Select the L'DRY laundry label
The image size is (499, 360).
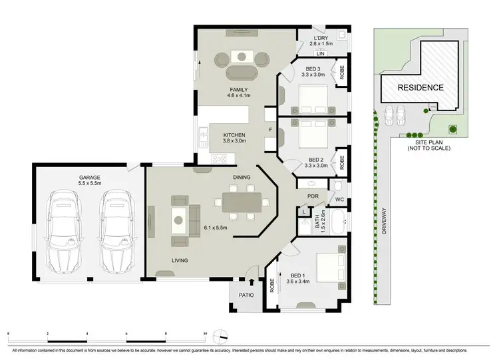tap(322, 38)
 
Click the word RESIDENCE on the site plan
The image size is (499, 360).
tap(420, 88)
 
